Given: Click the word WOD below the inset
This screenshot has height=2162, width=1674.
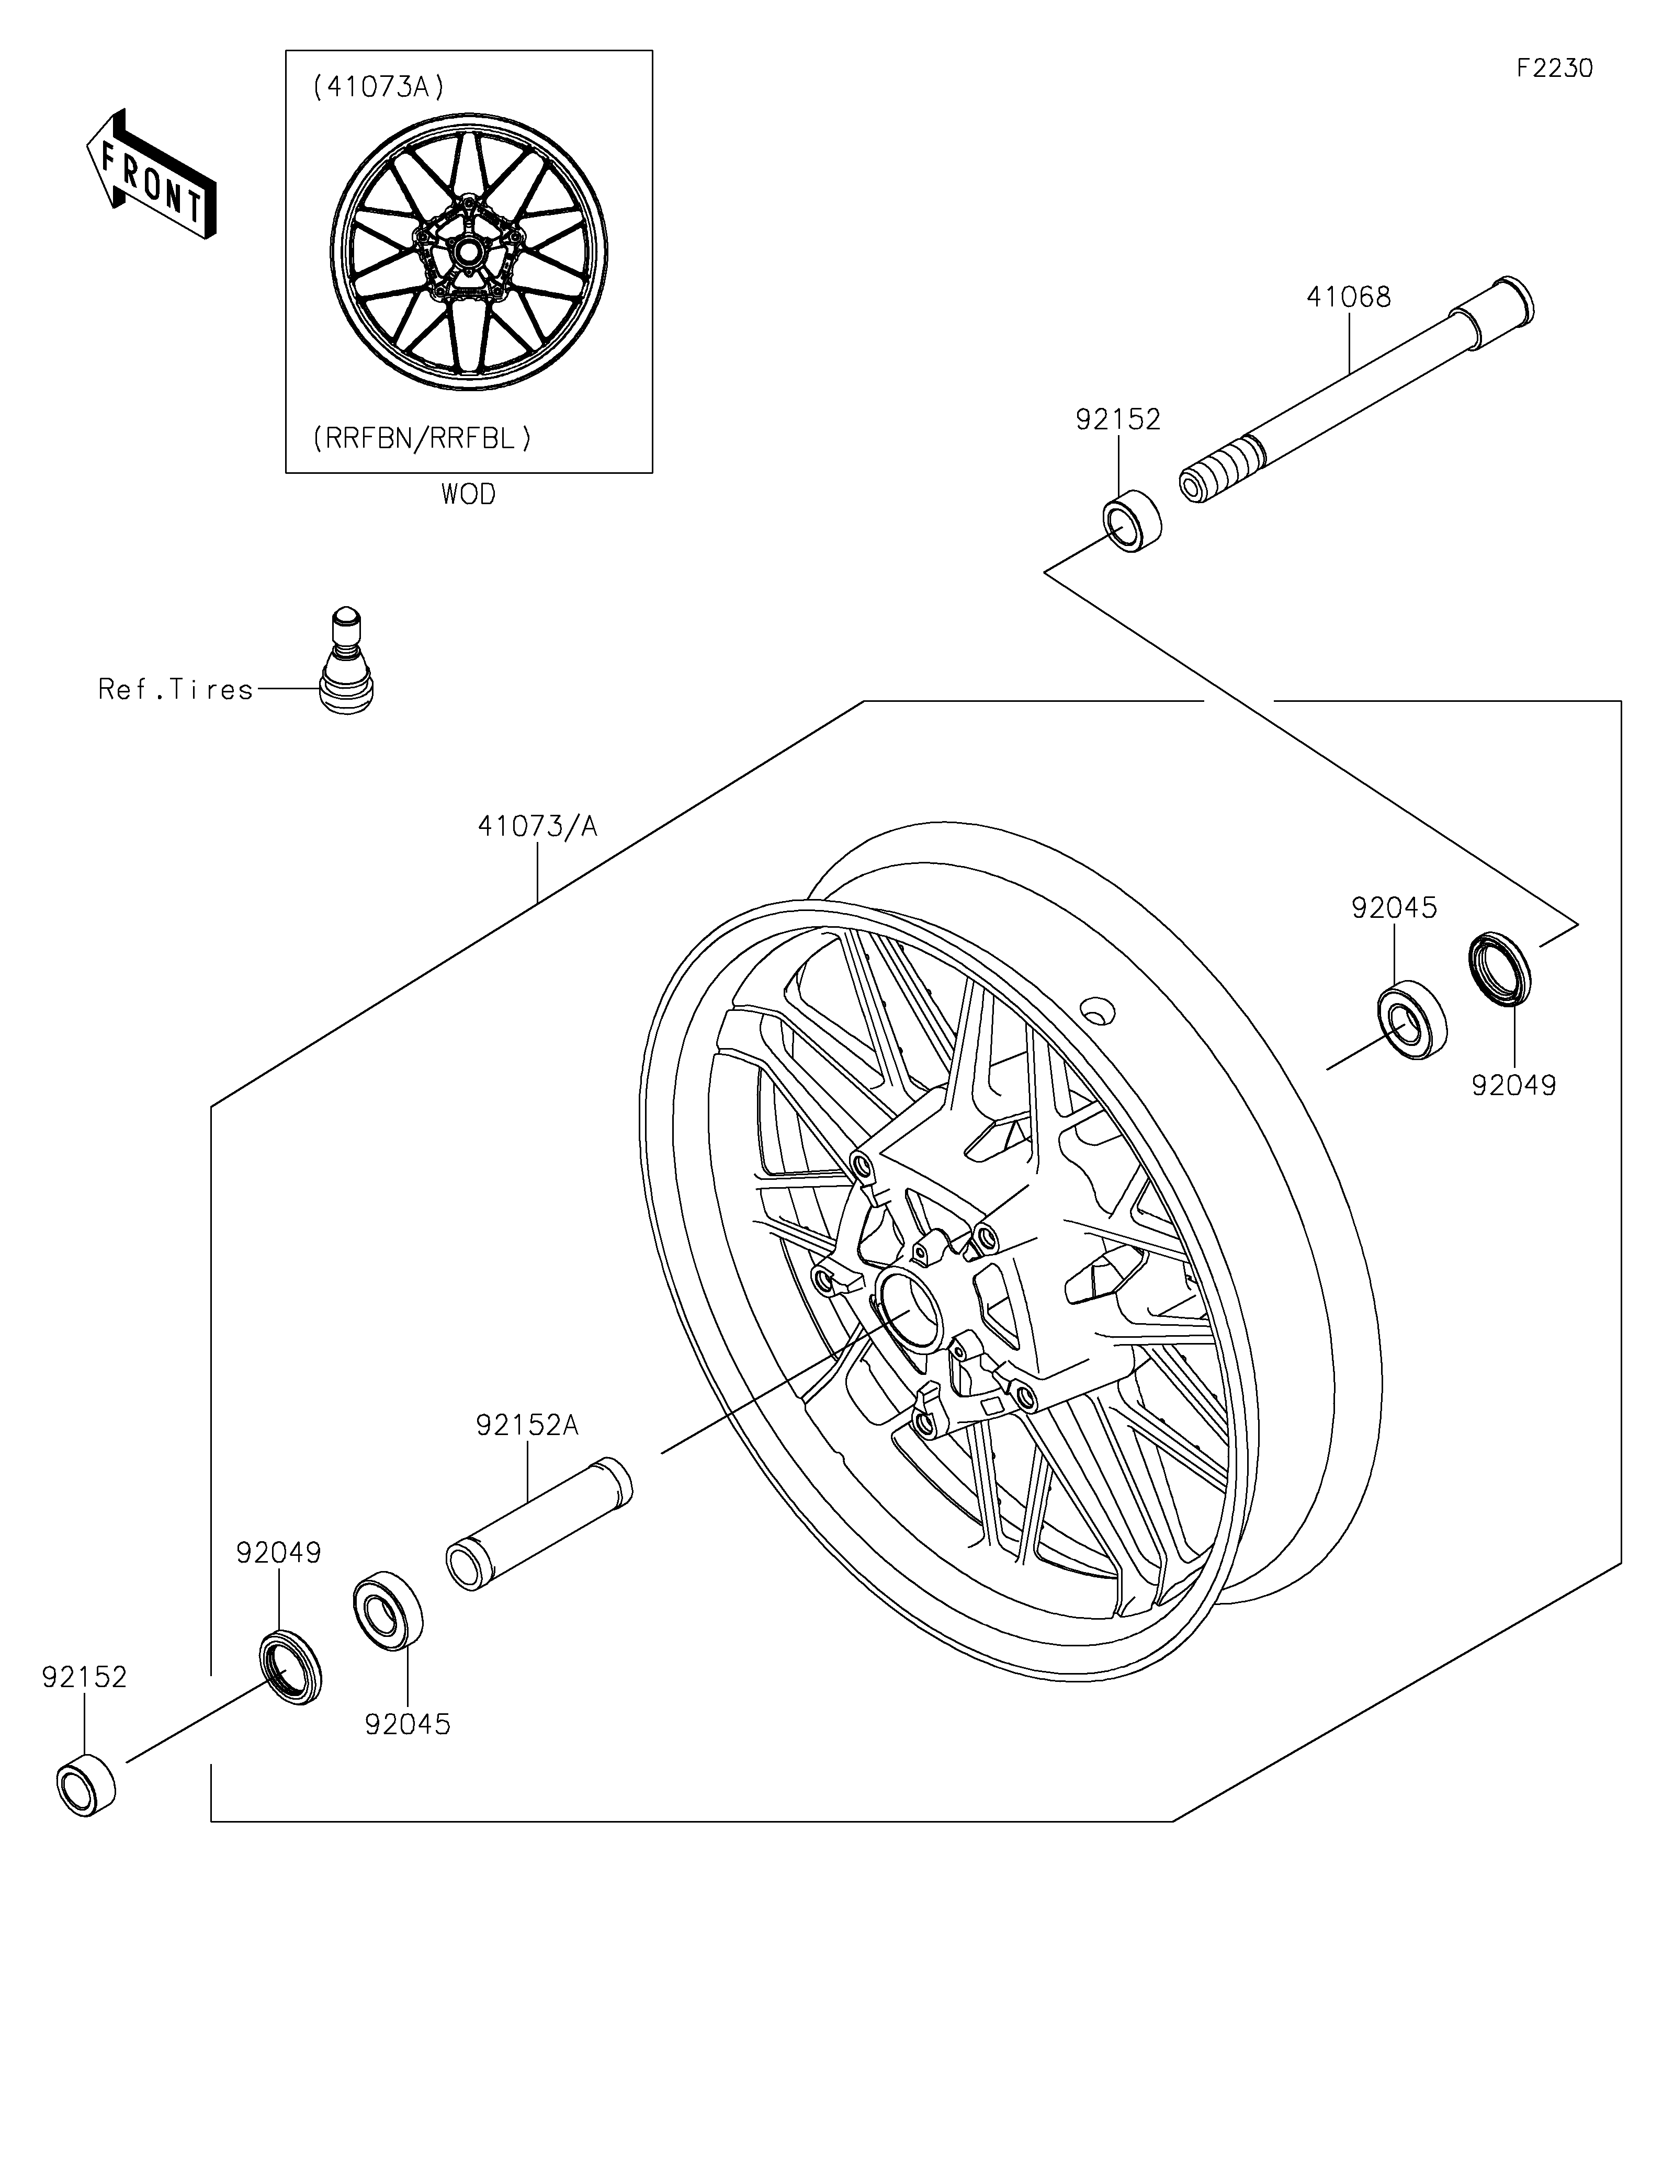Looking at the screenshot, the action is click(468, 494).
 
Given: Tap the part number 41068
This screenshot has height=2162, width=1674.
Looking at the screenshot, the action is click(1348, 297).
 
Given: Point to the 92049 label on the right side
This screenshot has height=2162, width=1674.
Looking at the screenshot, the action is click(1513, 1086).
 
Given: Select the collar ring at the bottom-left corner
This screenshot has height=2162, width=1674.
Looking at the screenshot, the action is click(86, 1784).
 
